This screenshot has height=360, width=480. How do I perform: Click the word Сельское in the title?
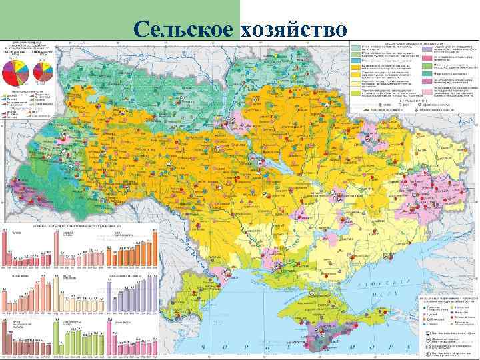click(x=182, y=29)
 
